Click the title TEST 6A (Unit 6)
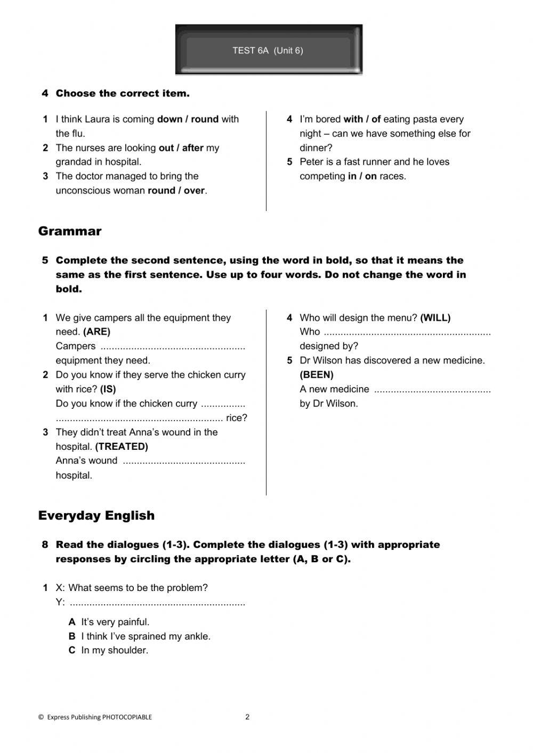pos(268,51)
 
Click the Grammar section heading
pos(70,231)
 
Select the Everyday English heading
pos(96,515)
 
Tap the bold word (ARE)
pos(96,332)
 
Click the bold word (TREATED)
pos(122,447)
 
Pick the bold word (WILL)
pos(435,318)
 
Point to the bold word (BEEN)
pos(317,375)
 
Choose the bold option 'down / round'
pos(188,119)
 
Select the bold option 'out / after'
pos(181,148)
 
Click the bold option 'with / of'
pos(362,119)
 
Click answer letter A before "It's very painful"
pos(72,622)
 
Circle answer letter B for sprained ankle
pos(72,636)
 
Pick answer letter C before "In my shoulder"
pos(72,650)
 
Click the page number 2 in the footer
pos(247,717)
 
